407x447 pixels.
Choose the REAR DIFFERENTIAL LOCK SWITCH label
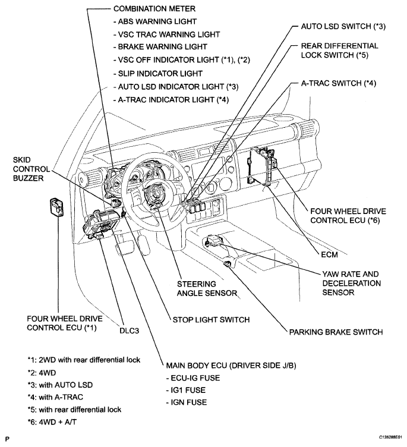coord(339,51)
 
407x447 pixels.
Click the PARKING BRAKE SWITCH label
coord(336,332)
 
